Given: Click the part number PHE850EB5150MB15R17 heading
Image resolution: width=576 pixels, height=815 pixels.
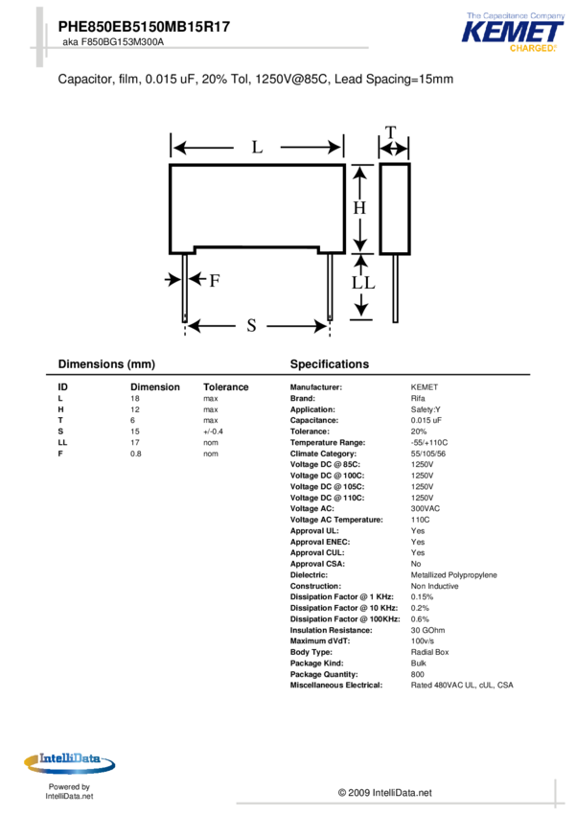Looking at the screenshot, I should [x=144, y=28].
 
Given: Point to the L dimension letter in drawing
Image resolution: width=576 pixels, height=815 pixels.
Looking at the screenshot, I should [x=257, y=148].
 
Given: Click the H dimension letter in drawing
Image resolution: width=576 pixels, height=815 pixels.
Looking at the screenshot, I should [x=360, y=207].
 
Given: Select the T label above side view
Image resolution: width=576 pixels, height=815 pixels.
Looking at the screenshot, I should [x=391, y=132].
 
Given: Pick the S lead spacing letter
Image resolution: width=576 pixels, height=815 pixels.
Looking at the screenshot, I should [x=251, y=326].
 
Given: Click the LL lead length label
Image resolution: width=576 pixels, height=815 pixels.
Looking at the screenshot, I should [x=362, y=284].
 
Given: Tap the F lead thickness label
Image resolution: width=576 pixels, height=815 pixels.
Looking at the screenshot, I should [x=215, y=280].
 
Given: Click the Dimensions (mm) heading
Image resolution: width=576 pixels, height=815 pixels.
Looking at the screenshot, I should [x=106, y=364].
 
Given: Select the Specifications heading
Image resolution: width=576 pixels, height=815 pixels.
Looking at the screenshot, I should [x=329, y=364].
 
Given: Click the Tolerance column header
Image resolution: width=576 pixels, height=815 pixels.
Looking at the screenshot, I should [x=225, y=387].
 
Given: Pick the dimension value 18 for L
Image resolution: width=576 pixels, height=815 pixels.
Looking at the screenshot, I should [x=135, y=398].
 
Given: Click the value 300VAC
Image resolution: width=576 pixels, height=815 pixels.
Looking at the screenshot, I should [x=426, y=509].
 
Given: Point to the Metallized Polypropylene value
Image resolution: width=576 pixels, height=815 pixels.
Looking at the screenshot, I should [x=453, y=575].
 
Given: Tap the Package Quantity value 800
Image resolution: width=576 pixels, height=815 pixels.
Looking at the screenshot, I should [x=418, y=674].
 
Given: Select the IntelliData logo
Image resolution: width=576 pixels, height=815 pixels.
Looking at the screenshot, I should [x=69, y=763].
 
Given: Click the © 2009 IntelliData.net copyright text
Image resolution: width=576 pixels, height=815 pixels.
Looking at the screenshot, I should [x=384, y=793].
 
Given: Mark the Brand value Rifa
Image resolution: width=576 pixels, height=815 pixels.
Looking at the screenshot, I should [x=418, y=398].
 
